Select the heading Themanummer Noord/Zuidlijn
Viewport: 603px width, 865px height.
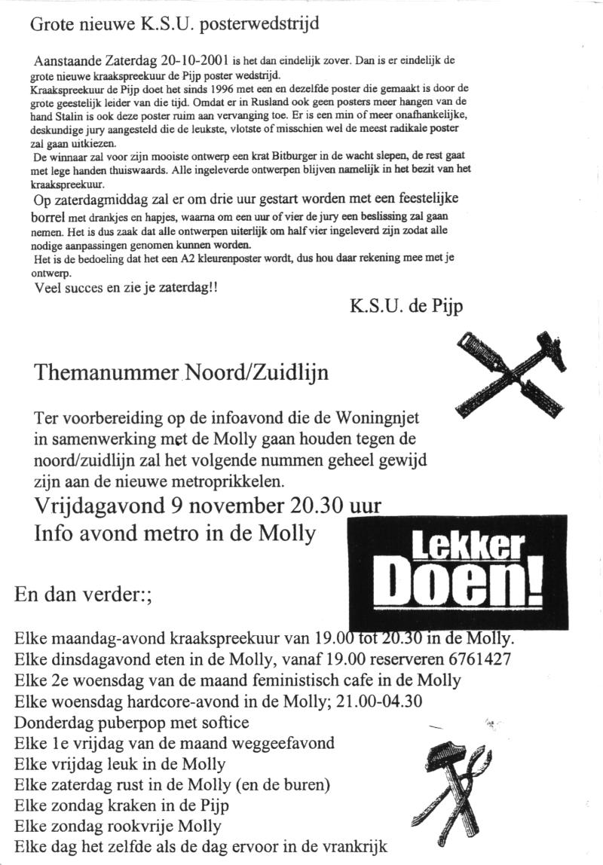pos(182,372)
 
